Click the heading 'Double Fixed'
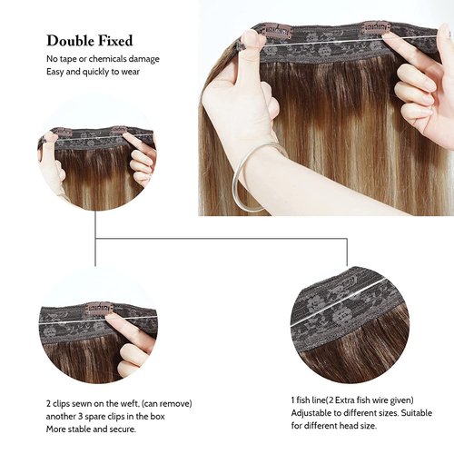click(90, 41)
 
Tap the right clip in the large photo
click(376, 28)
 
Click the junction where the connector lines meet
click(94, 239)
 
